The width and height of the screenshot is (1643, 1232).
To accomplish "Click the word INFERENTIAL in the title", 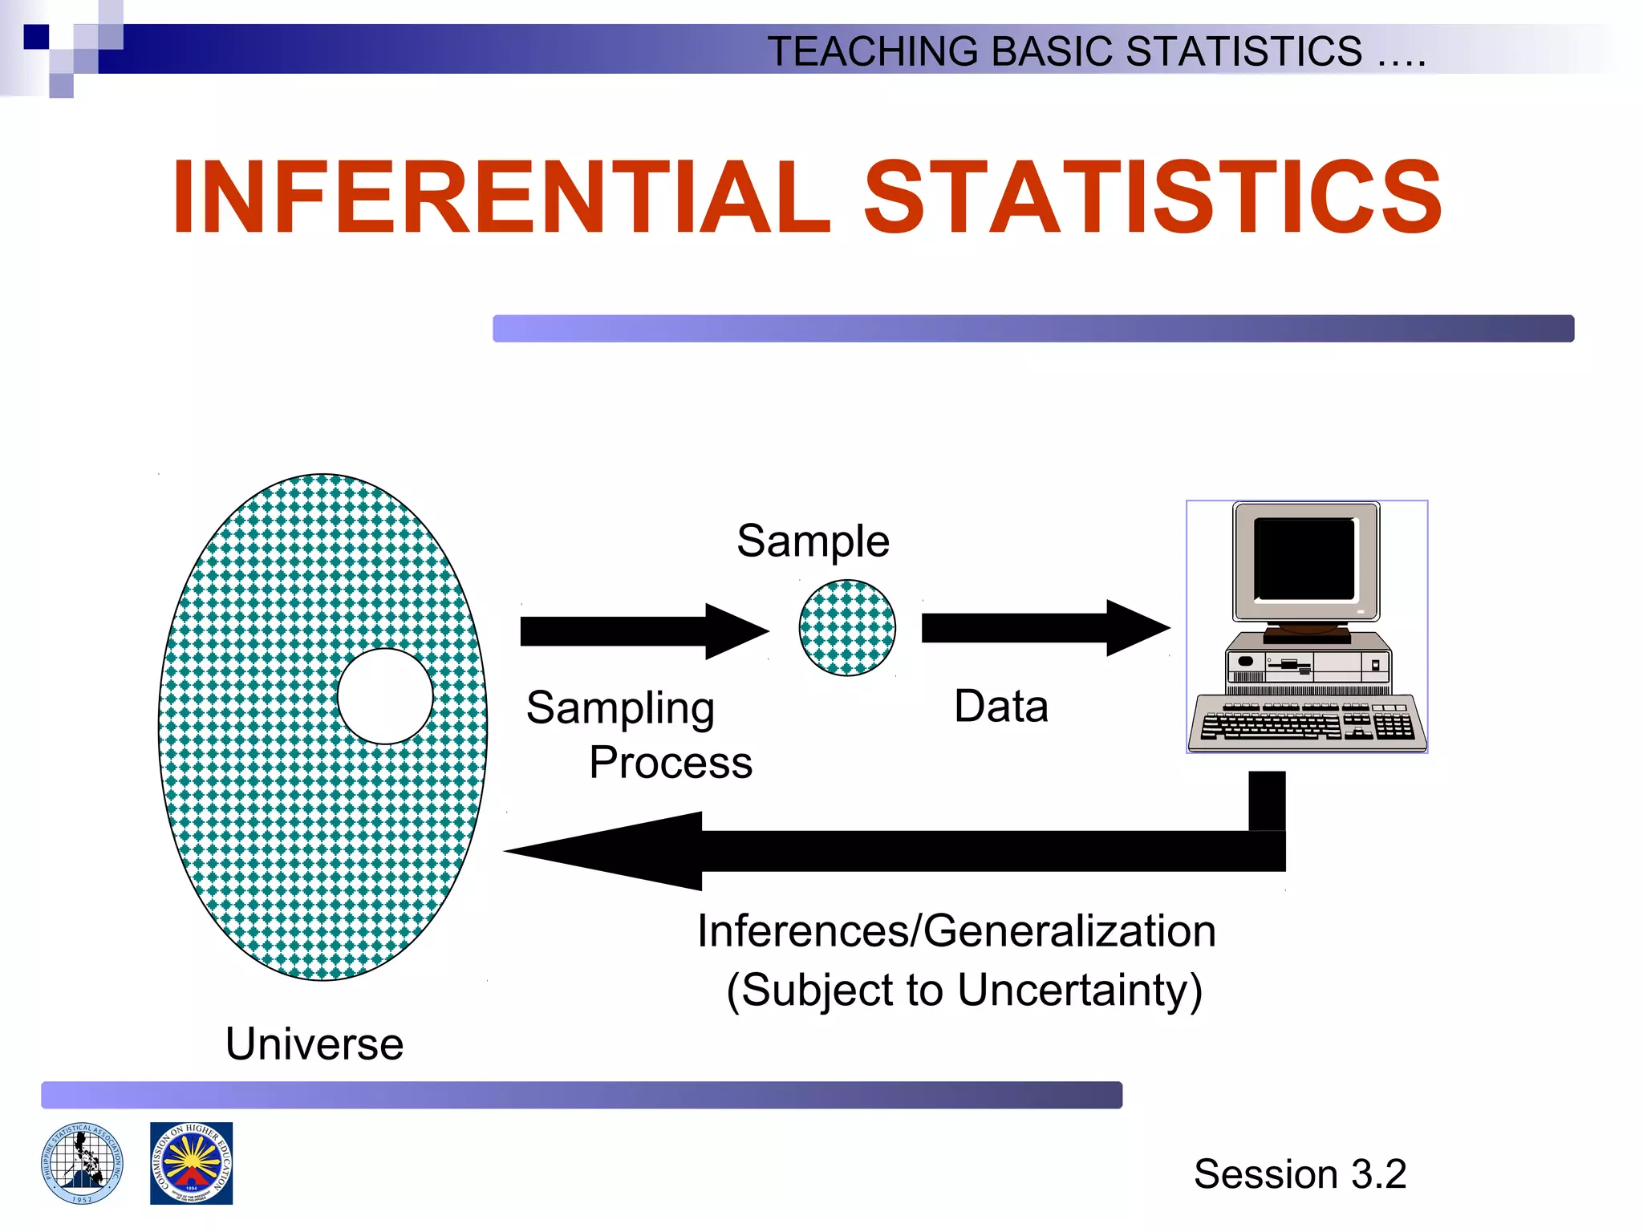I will [501, 197].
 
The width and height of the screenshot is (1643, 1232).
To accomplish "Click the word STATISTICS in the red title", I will [1152, 197].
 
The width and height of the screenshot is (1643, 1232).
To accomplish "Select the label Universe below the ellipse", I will [314, 1044].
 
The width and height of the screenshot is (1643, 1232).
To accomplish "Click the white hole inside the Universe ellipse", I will [385, 696].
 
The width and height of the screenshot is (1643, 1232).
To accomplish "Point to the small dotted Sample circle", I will [847, 628].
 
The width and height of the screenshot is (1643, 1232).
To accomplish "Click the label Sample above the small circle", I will [813, 541].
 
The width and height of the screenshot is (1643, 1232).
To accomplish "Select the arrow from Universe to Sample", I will [642, 631].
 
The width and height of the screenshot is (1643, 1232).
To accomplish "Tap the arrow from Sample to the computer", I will [1043, 628].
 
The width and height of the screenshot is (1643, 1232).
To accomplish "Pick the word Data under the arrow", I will [1001, 707].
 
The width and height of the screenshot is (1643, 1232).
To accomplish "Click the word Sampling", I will [620, 708].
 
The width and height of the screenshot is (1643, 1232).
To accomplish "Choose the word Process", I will [671, 762].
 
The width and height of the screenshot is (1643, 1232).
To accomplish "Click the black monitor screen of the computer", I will [1304, 559].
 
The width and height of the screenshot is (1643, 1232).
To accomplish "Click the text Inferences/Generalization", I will [956, 931].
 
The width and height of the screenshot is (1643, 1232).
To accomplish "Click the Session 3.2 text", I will [1300, 1174].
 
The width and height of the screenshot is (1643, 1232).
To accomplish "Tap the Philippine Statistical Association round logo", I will [83, 1163].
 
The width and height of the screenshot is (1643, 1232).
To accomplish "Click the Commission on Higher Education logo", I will [191, 1163].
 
